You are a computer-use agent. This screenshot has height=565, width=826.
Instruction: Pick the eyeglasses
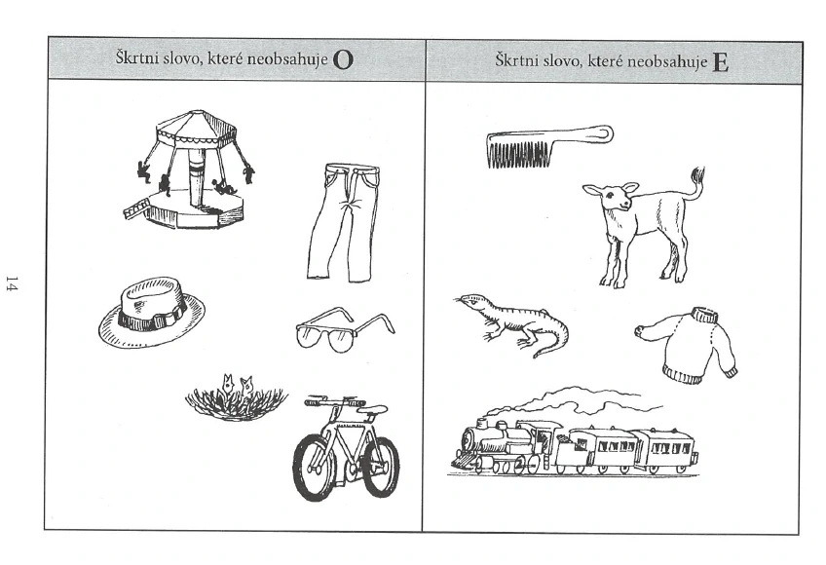point(345,329)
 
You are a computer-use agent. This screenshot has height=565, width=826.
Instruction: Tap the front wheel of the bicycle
point(315,468)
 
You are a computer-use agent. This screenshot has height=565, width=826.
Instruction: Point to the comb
point(549,145)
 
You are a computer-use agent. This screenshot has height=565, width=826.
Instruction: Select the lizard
point(511,323)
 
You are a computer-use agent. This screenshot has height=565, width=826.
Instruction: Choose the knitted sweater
point(687,343)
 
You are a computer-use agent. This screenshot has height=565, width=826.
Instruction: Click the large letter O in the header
point(343,61)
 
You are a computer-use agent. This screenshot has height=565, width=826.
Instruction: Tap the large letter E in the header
point(721,62)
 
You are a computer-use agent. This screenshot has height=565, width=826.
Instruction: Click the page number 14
point(12,283)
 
